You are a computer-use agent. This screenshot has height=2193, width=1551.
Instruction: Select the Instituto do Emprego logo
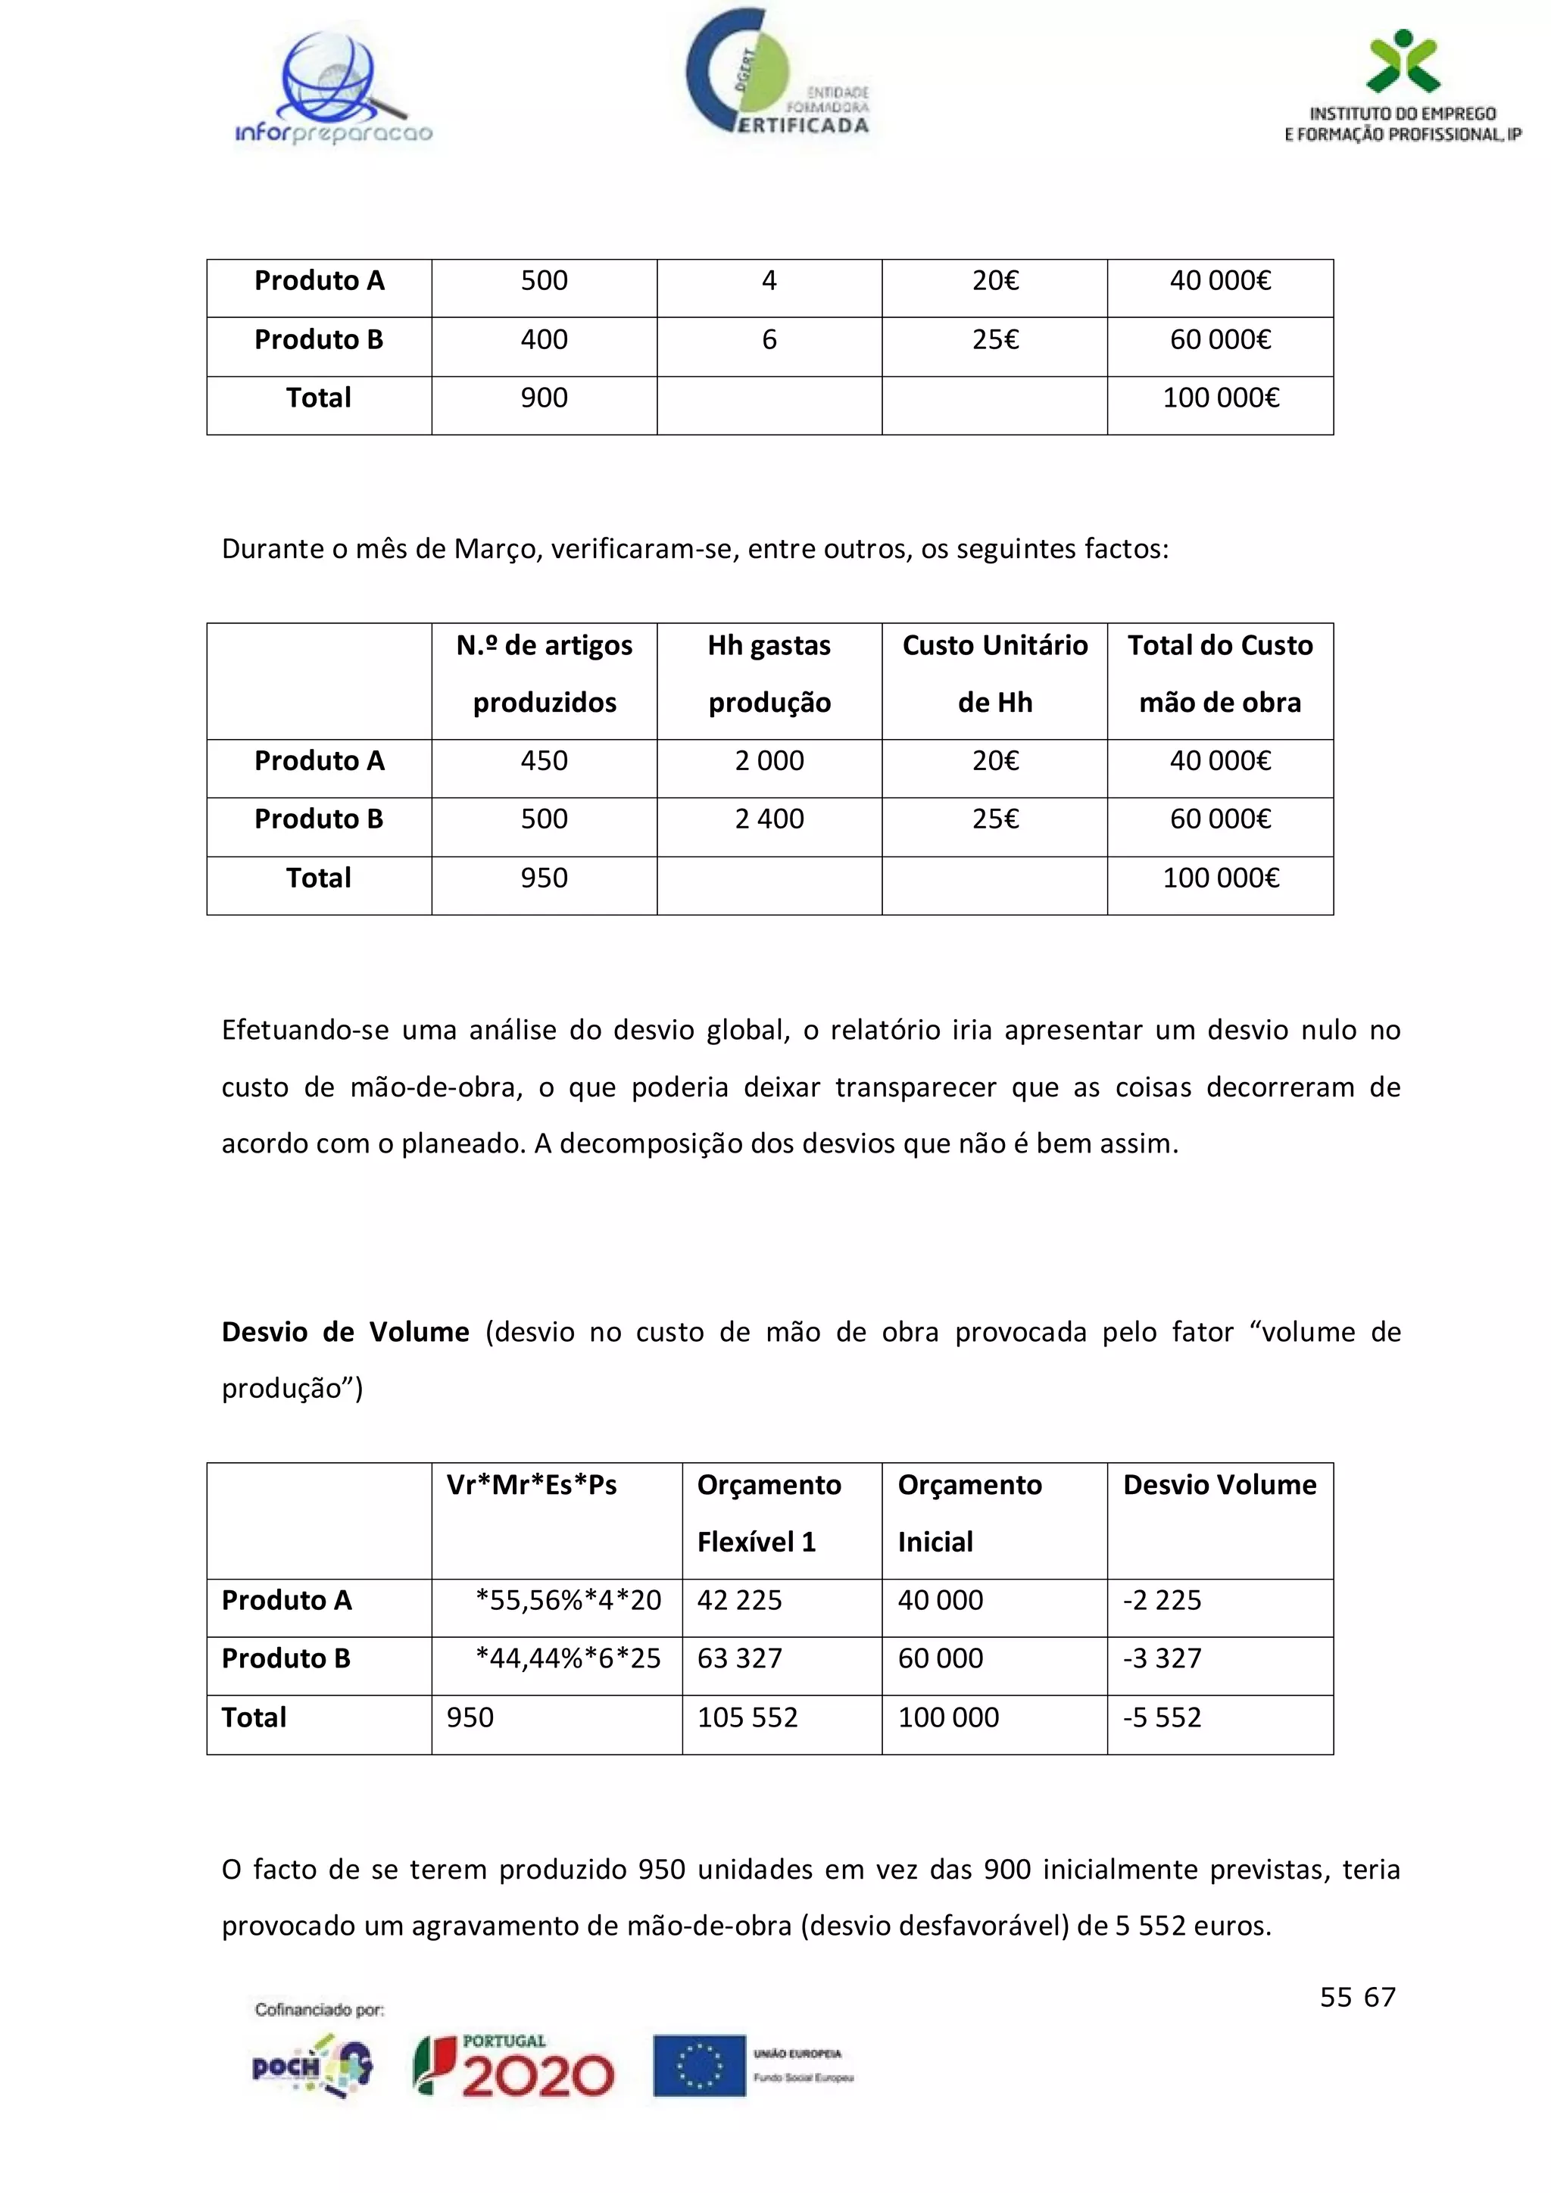click(x=1402, y=88)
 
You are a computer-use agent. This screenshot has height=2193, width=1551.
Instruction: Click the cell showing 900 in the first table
click(x=544, y=398)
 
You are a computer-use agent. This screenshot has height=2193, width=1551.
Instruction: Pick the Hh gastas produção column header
click(x=769, y=674)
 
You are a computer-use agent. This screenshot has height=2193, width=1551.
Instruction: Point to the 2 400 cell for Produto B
click(x=769, y=819)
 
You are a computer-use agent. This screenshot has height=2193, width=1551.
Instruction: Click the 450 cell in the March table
click(x=544, y=761)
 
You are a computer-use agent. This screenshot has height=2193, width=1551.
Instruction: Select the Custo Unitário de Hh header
click(x=994, y=674)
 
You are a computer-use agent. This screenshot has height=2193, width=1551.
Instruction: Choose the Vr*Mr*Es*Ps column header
click(x=531, y=1485)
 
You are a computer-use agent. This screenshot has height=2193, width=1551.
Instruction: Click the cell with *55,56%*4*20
click(x=568, y=1600)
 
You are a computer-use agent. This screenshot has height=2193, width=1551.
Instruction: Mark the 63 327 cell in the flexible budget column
click(x=739, y=1658)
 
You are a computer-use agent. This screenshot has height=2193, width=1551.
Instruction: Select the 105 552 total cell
click(x=747, y=1717)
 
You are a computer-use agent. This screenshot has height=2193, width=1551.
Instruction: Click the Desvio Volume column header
click(x=1219, y=1485)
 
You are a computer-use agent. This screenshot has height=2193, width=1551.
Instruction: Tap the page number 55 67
click(x=1357, y=1997)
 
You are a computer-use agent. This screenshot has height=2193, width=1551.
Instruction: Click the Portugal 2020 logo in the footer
click(x=513, y=2065)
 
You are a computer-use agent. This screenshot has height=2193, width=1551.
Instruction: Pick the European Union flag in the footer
click(x=699, y=2066)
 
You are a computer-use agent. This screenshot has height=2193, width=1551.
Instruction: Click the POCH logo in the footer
click(x=311, y=2066)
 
